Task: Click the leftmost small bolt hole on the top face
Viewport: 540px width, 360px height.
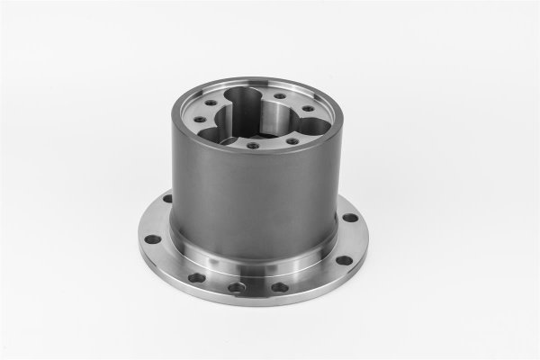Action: coord(200,119)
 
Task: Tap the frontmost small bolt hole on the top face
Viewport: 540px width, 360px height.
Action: coord(253,145)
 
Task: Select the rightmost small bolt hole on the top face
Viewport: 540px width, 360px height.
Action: coord(308,108)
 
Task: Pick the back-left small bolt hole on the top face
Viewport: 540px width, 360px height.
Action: coord(211,103)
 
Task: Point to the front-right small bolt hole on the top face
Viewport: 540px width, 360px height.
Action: coord(292,141)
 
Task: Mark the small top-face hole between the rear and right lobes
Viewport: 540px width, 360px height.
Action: coord(280,95)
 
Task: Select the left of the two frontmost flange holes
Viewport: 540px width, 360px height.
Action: coord(237,287)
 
